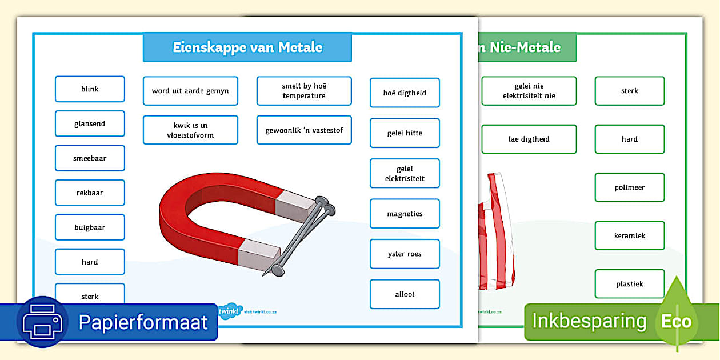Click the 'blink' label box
[x=90, y=89]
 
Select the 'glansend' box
[x=90, y=123]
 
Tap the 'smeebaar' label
[x=90, y=158]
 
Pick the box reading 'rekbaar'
[x=90, y=193]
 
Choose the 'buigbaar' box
[x=90, y=227]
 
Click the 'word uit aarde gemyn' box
[x=190, y=91]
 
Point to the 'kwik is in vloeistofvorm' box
[x=190, y=130]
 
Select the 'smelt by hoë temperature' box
[x=304, y=91]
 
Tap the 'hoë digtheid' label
[x=405, y=93]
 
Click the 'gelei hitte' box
[x=405, y=133]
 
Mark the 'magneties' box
[x=405, y=214]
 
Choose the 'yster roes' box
[x=405, y=254]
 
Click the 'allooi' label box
[x=405, y=294]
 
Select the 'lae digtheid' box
[x=529, y=139]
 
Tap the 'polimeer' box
[x=630, y=187]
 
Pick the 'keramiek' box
[x=630, y=235]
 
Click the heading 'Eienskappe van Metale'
[x=247, y=47]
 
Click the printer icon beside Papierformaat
[x=43, y=322]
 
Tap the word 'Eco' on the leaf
[x=676, y=321]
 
